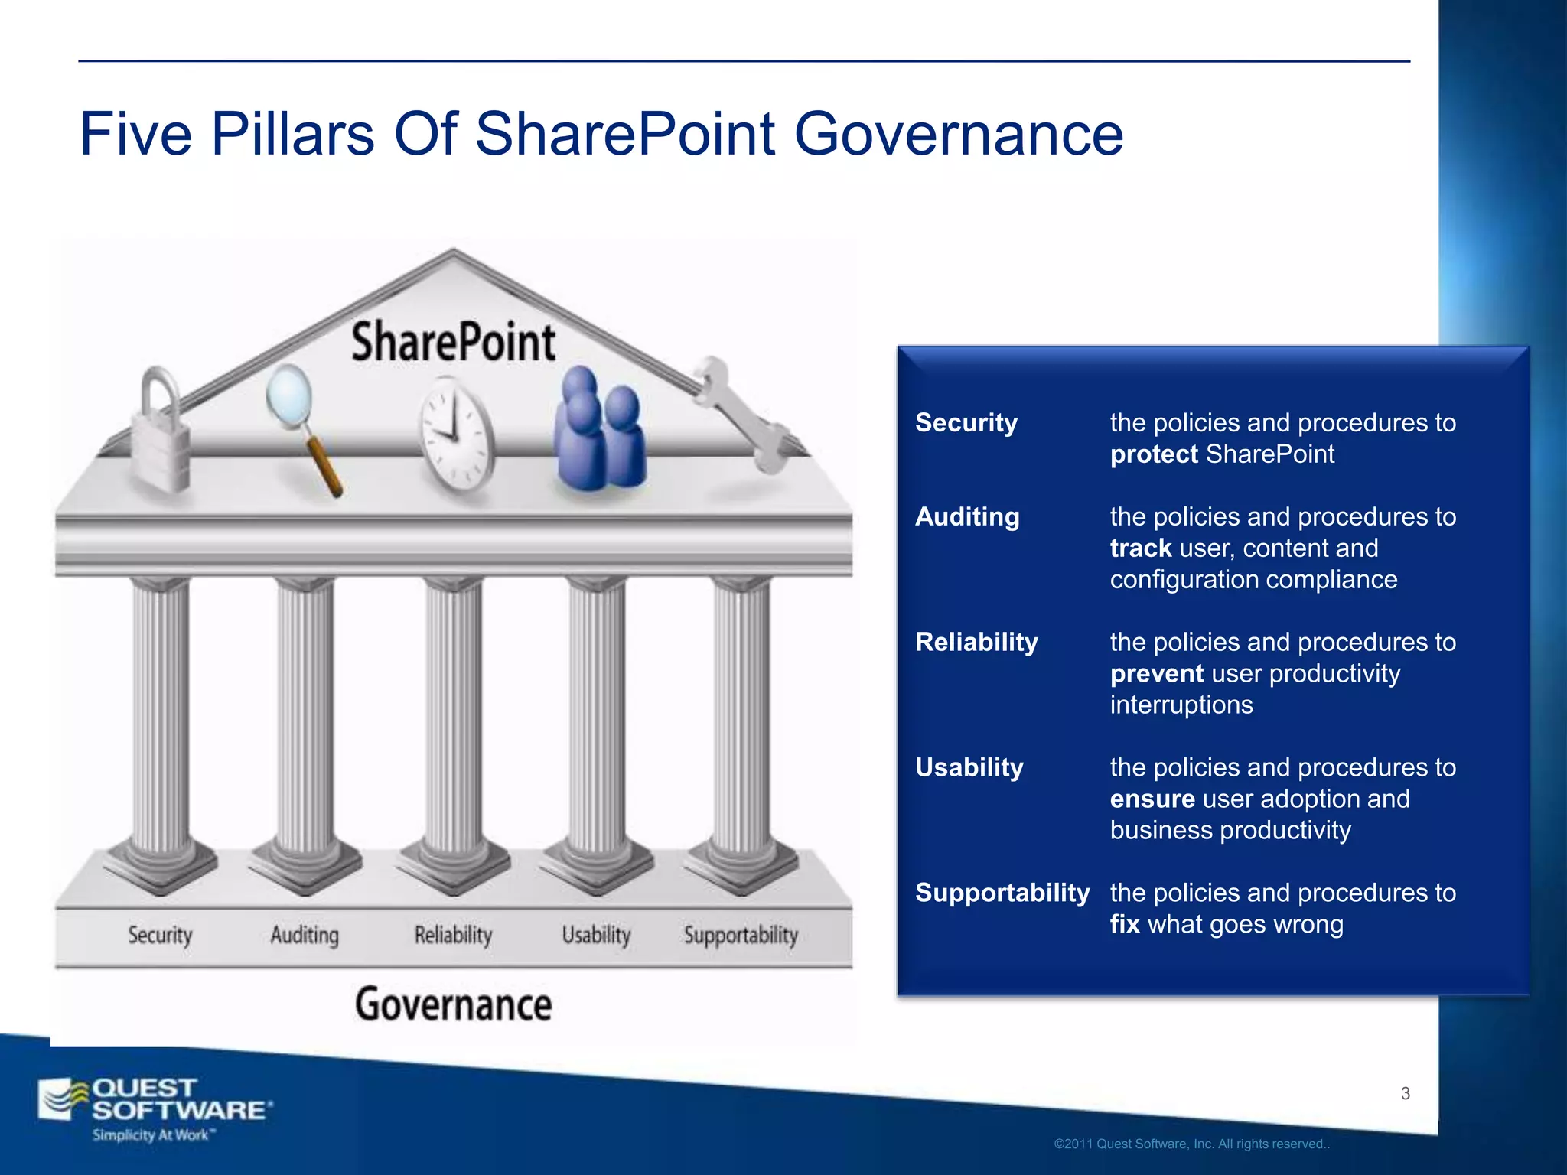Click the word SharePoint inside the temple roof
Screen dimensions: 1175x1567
[453, 342]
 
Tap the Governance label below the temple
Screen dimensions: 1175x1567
[453, 1004]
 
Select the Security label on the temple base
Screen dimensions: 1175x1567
[160, 935]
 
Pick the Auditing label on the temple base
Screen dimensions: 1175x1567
[305, 935]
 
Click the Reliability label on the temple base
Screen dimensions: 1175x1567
[453, 935]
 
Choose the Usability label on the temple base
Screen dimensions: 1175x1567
[596, 935]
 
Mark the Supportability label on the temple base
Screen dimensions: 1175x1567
[741, 935]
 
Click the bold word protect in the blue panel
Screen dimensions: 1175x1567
[1154, 454]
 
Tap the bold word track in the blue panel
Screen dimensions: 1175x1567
[1141, 548]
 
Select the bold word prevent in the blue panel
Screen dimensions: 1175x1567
[1157, 674]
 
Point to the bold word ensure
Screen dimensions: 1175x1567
[1152, 799]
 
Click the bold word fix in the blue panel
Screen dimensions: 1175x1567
[1125, 924]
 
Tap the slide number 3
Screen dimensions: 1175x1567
[1405, 1093]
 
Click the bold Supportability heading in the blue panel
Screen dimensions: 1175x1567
[1002, 893]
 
